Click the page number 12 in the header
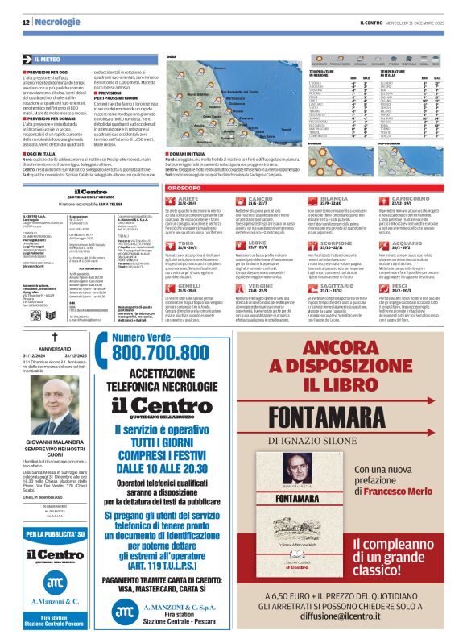(x=27, y=22)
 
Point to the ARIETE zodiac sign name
(x=188, y=197)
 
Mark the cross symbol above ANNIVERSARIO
(x=55, y=336)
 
